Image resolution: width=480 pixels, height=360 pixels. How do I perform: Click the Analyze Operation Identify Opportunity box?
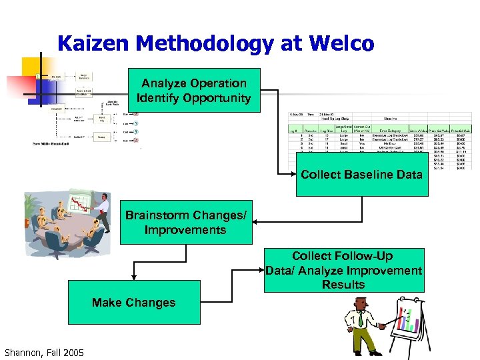pyautogui.click(x=193, y=90)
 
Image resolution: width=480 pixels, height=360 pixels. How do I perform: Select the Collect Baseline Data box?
pyautogui.click(x=361, y=175)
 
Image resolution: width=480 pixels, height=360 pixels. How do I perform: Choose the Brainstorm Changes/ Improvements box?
pyautogui.click(x=186, y=223)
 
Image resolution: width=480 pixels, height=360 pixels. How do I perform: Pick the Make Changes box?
pyautogui.click(x=133, y=302)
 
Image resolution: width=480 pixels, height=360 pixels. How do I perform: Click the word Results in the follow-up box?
pyautogui.click(x=343, y=285)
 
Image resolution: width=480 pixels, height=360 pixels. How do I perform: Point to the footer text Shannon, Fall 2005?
pyautogui.click(x=44, y=352)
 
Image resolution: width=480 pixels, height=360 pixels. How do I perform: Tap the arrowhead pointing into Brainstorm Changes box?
pyautogui.click(x=257, y=222)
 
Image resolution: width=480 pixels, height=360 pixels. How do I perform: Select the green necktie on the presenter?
pyautogui.click(x=360, y=319)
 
